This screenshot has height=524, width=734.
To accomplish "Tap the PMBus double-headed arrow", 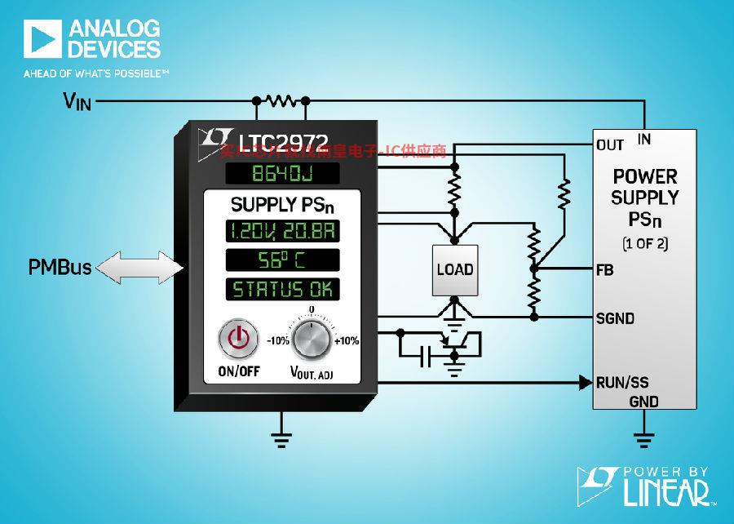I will click(x=137, y=267).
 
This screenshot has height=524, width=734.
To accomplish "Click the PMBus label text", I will click(x=59, y=267).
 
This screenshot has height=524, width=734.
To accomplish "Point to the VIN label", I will click(x=79, y=101).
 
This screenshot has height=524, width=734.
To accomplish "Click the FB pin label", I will click(x=605, y=269).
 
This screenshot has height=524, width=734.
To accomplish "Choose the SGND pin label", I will click(x=615, y=318).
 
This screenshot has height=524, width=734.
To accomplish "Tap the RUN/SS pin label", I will click(x=622, y=382).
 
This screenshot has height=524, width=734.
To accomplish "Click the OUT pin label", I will click(x=610, y=145).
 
